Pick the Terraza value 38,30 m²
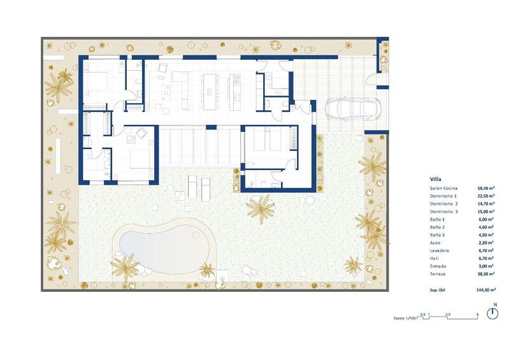[x=487, y=274]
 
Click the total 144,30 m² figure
[x=487, y=289]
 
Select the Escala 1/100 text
[x=405, y=317]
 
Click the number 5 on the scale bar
[x=477, y=315]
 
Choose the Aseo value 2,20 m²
[x=487, y=243]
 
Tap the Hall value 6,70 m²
[x=487, y=258]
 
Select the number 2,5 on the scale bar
[x=448, y=315]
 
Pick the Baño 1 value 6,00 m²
[x=487, y=219]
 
